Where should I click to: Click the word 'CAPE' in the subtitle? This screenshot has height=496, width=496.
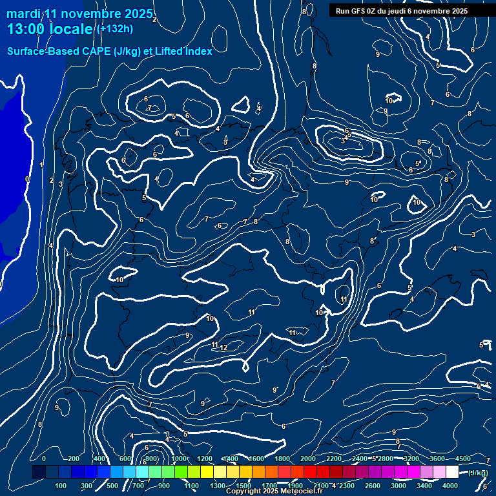[96, 51]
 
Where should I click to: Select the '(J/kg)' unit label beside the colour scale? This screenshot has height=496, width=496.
[478, 473]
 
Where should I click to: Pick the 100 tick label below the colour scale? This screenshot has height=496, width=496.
[61, 486]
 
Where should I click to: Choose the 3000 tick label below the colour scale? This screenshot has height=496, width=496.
[398, 486]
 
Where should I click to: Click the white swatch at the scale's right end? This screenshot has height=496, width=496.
[452, 472]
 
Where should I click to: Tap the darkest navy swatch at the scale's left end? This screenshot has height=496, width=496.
[39, 472]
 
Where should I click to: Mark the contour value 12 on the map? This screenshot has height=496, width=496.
[223, 348]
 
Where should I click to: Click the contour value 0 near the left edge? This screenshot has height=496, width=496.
[26, 179]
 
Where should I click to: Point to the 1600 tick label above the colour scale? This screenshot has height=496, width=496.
[256, 459]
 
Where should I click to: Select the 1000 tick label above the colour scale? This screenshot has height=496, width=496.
[179, 459]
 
